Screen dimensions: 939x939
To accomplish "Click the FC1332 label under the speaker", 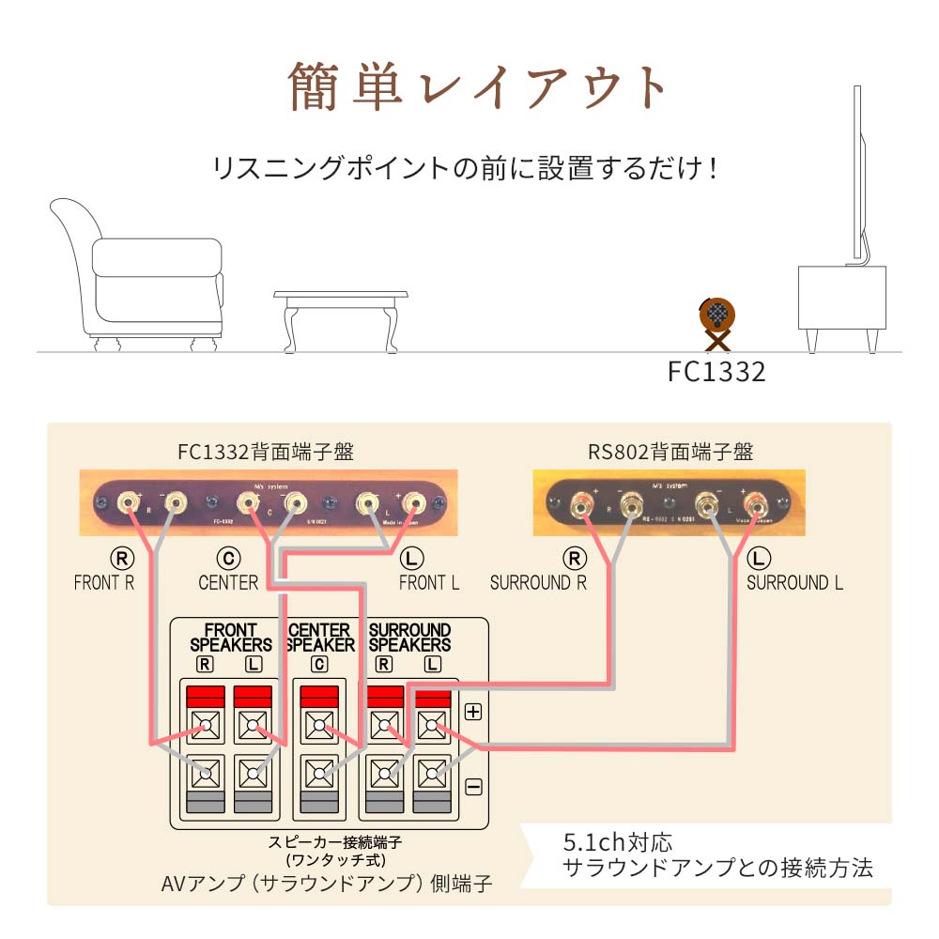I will pos(716,372).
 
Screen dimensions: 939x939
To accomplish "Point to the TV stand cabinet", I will pos(841,299).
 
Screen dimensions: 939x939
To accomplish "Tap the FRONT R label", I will pos(104,582).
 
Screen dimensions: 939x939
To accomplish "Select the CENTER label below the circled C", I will pos(228,582).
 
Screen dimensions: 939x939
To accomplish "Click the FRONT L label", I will pos(429,582).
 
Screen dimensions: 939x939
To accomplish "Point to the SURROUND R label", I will pos(538,582).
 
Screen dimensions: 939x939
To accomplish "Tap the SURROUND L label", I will pos(794,582).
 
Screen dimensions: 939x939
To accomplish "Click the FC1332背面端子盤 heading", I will pos(266,452).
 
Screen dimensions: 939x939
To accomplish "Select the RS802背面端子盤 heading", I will pos(670,452).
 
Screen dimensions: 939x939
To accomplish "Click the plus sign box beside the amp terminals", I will pos(473,711).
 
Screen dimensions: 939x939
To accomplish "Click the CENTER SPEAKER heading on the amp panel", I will pos(320,637).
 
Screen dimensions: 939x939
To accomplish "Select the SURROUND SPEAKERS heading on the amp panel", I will pos(409,637).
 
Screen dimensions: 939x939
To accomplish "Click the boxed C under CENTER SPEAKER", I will pos(319,665).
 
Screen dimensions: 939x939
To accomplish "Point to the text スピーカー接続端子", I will pos(334,842).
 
